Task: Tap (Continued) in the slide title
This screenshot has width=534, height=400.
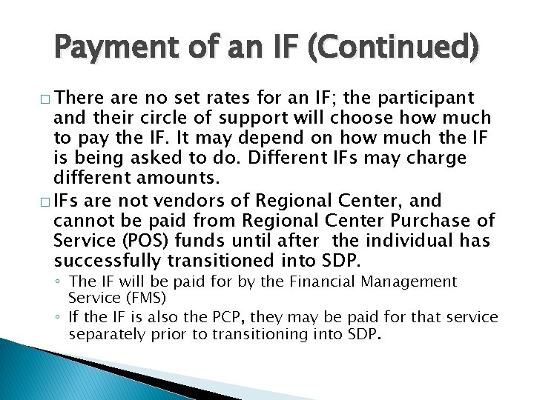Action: (x=398, y=50)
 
